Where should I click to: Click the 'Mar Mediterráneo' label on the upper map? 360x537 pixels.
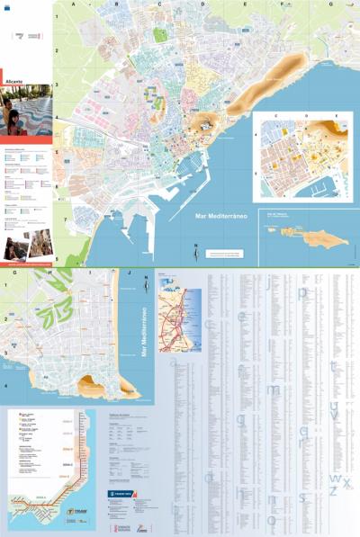point(222,217)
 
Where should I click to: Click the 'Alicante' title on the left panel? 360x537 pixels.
point(16,80)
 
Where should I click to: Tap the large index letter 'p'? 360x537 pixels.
point(302,292)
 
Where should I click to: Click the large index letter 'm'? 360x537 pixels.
point(274,389)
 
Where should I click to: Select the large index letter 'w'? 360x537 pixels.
point(337,477)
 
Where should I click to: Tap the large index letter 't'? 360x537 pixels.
point(333,366)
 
